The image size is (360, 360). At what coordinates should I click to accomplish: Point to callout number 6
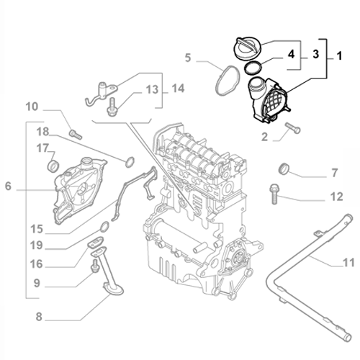coord(9,187)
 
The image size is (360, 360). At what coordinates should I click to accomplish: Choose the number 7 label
coord(334,174)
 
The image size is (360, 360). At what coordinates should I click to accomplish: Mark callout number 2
coord(265,136)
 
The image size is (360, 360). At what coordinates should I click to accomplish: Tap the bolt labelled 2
coord(292,129)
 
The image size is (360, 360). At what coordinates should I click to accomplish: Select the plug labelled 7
coord(284,169)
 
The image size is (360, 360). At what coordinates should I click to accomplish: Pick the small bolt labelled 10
coord(75,132)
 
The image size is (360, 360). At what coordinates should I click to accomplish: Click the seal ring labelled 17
coord(52,166)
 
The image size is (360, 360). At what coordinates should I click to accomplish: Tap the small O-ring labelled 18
coord(130,160)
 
